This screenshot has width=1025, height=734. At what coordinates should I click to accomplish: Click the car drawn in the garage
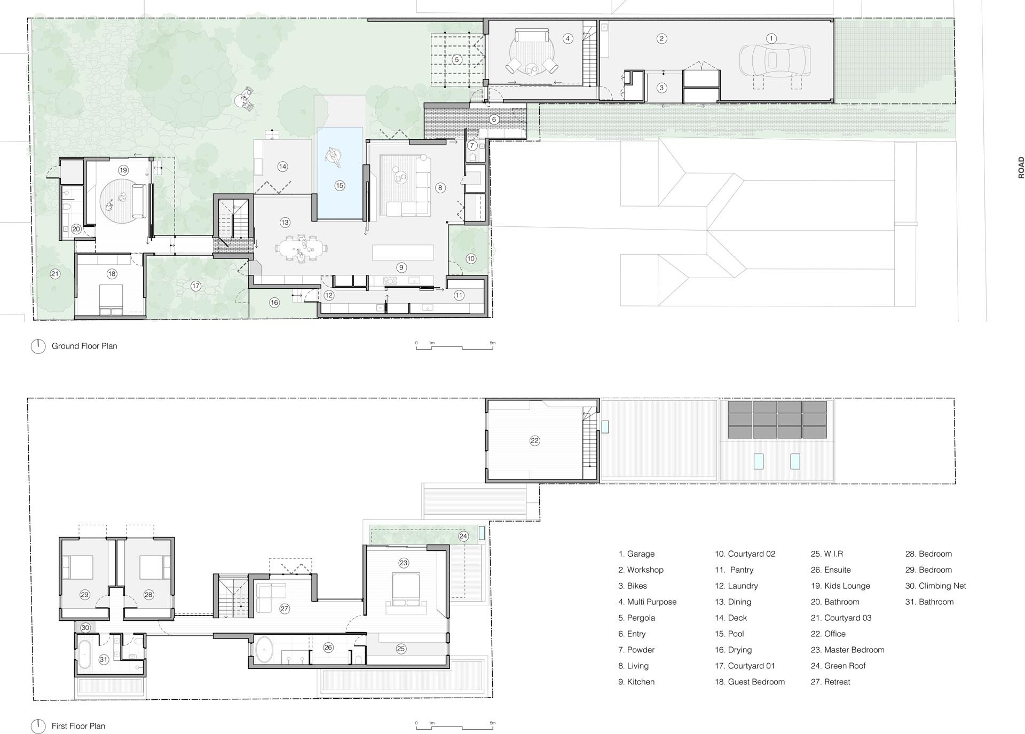(775, 60)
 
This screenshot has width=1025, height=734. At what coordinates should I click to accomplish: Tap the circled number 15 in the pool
(340, 186)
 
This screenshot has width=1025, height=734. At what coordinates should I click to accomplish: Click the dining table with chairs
(301, 249)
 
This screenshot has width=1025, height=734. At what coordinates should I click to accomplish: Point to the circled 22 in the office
(534, 440)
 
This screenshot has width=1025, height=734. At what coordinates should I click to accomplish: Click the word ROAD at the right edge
(1021, 167)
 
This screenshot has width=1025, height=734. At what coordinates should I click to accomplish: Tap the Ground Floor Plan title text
(84, 346)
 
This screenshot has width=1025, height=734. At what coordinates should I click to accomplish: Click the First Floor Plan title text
(78, 726)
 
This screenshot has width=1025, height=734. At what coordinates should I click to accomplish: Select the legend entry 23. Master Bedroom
(847, 650)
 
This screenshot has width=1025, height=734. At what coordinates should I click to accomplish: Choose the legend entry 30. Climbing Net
(935, 586)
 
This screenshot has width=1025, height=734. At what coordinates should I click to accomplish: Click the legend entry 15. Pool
(729, 634)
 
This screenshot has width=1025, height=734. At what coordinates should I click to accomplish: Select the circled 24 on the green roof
(463, 536)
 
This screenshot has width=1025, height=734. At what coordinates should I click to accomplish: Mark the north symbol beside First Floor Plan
(38, 726)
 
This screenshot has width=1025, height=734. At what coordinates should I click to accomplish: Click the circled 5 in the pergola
(457, 60)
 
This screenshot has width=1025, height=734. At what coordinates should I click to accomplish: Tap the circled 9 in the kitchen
(401, 267)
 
